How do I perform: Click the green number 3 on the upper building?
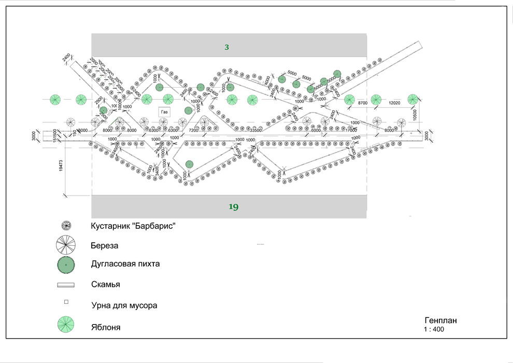[x=226, y=47]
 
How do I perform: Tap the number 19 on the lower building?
[x=233, y=207]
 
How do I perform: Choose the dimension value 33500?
[x=256, y=130]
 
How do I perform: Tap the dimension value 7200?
[x=193, y=130]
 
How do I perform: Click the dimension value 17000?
[x=351, y=130]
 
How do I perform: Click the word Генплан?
[x=440, y=320]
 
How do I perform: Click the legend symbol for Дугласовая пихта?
[x=66, y=264]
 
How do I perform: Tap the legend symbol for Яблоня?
[x=66, y=325]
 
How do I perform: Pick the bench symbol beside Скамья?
[x=66, y=285]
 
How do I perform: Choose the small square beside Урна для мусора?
[x=66, y=302]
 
